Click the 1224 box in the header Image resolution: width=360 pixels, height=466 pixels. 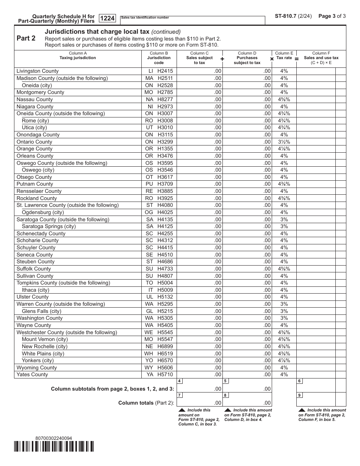pos(107,18)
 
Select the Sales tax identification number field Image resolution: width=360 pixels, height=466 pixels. pos(193,20)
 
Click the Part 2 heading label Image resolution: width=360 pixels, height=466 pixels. pos(26,38)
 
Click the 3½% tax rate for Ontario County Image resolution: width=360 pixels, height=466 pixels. pos(284,142)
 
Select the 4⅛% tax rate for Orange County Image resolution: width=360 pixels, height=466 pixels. pos(284,149)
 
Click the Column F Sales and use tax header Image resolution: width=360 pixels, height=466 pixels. pos(321,58)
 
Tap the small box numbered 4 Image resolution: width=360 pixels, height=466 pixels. pos(179,381)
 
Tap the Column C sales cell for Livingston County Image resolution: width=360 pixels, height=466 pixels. pos(199,71)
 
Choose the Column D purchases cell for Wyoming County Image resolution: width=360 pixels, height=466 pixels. pos(247,367)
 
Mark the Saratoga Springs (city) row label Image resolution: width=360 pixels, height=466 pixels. pos(49,227)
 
